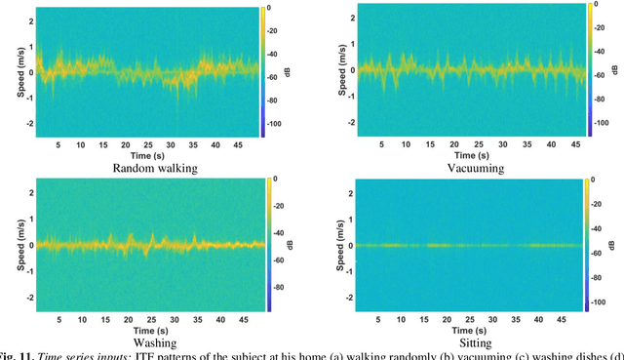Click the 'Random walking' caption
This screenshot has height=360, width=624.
point(154,168)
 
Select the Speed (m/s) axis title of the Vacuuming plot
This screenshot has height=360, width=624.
point(337,67)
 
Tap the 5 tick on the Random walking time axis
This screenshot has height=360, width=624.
point(58,145)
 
